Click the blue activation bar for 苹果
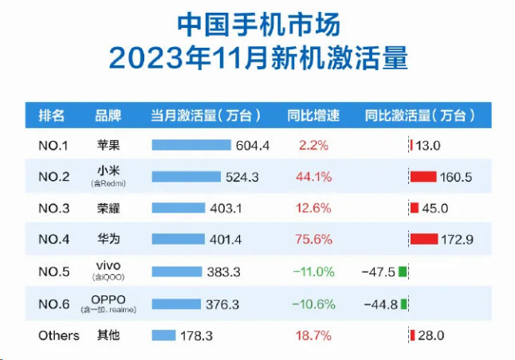point(191,145)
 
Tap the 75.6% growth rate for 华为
point(314,239)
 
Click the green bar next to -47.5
point(403,272)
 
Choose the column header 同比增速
point(313,115)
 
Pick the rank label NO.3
point(54,209)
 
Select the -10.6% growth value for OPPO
point(313,303)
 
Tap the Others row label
point(59,335)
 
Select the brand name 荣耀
point(108,209)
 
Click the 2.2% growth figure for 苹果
point(313,145)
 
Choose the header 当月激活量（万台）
point(206,115)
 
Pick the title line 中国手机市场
point(258,25)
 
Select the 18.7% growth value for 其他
point(313,335)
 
